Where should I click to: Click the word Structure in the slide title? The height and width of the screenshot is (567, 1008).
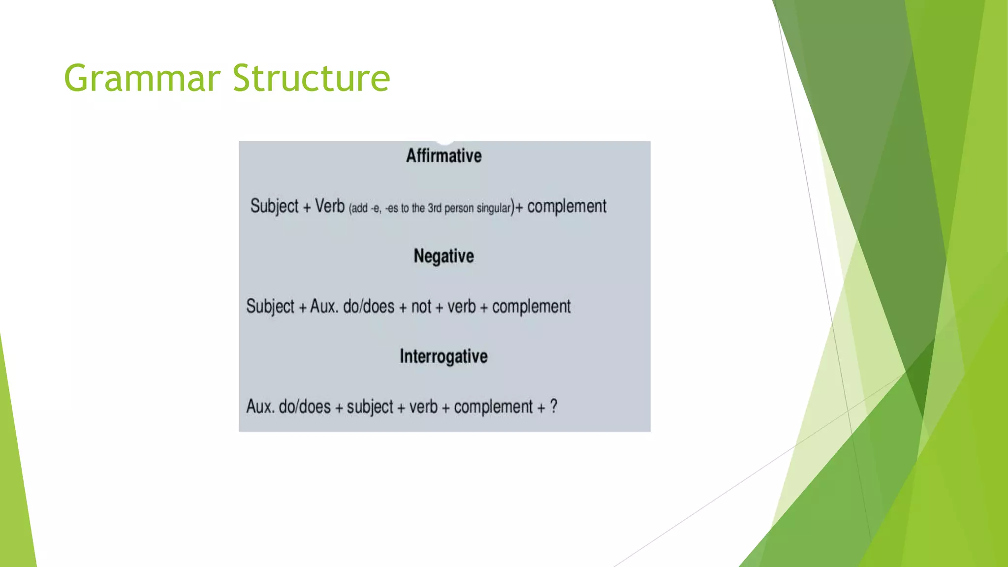(311, 78)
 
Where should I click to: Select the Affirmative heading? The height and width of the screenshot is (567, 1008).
(443, 156)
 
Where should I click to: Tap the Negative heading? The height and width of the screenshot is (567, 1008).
(443, 256)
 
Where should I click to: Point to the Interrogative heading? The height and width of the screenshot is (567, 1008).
(443, 356)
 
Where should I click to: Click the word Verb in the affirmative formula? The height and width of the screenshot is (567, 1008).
(329, 206)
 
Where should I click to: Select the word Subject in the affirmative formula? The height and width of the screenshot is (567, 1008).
(274, 206)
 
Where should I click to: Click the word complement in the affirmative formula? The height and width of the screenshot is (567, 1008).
(567, 206)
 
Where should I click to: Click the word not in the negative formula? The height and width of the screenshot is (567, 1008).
(421, 307)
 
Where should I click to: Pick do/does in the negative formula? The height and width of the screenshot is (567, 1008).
(369, 307)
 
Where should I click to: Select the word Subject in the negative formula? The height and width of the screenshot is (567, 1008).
(270, 307)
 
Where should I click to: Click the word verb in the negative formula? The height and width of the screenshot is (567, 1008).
(461, 307)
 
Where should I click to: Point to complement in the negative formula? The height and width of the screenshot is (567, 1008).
(531, 307)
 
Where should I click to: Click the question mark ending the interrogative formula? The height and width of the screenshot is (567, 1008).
(554, 407)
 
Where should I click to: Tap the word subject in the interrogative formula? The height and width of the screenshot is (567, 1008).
(370, 407)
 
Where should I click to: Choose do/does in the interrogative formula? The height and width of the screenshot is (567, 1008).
(305, 407)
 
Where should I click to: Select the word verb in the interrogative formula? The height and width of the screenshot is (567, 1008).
(423, 407)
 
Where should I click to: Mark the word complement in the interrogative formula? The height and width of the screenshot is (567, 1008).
(493, 407)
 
